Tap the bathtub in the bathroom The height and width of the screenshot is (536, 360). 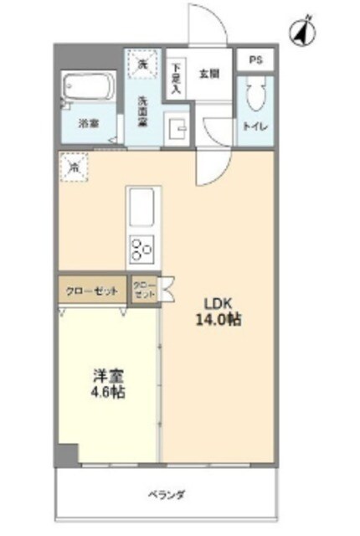pos(89,89)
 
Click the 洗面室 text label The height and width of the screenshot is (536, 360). pos(143,112)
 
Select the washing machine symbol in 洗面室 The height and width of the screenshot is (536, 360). pos(142,65)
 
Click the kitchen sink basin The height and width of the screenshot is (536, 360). pos(141,205)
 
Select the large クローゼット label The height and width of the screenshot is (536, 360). pos(91,291)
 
